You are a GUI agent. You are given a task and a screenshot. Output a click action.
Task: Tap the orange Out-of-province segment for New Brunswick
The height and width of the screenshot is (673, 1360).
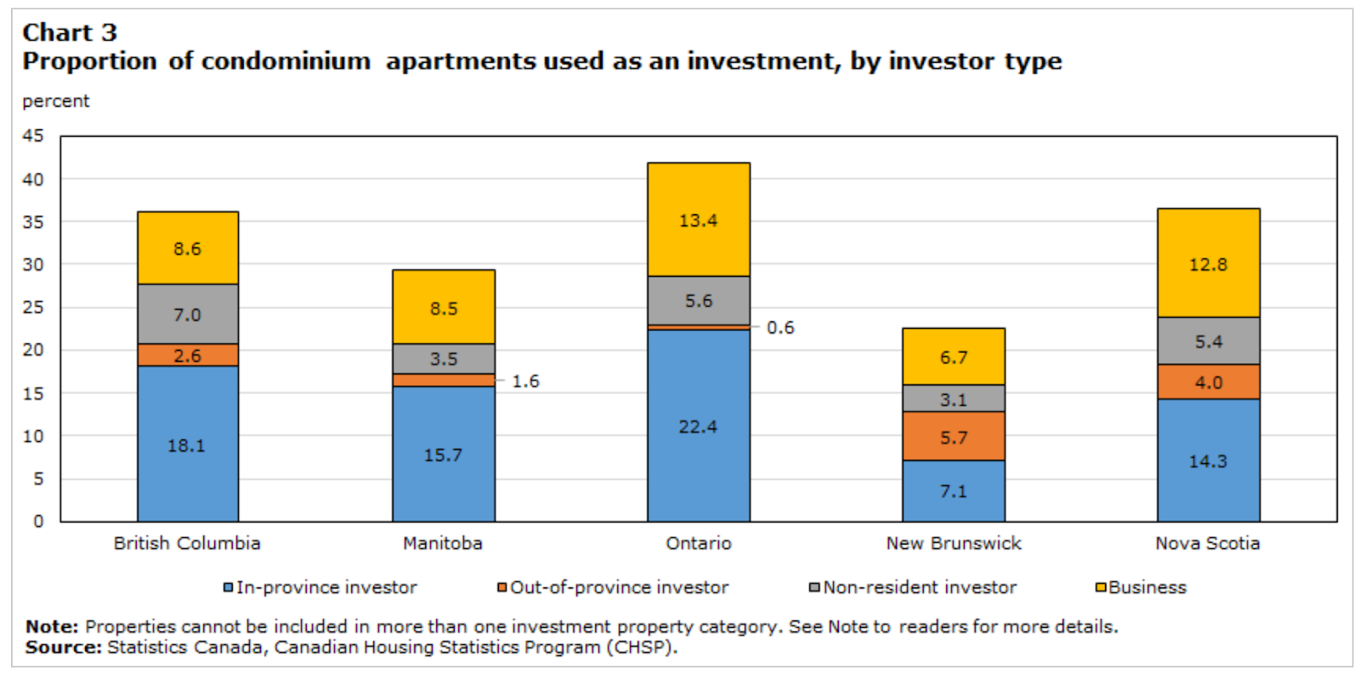point(953,436)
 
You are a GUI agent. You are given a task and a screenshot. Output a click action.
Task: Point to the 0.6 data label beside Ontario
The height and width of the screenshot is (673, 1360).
point(780,328)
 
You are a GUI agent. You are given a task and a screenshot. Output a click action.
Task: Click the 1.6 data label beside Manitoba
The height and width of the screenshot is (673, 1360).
point(525,382)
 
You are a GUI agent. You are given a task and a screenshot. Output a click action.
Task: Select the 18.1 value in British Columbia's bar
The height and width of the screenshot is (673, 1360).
point(186,445)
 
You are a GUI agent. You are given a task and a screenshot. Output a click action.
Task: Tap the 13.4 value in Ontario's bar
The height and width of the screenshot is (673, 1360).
point(698,221)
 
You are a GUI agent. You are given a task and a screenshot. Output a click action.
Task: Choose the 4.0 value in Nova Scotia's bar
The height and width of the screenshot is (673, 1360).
point(1208,382)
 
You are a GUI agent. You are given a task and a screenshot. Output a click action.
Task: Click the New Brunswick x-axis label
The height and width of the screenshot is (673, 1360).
point(953,543)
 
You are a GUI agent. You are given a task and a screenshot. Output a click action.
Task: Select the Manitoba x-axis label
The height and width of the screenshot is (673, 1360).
point(443,543)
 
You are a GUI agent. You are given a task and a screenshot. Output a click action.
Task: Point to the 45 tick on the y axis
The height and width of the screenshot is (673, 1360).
point(33,136)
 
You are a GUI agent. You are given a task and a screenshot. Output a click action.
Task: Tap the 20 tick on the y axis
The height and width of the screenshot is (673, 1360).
point(33,350)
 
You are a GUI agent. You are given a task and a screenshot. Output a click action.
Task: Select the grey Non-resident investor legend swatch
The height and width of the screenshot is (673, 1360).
point(814,587)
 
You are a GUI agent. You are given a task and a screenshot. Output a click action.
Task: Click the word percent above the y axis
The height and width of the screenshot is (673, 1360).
point(56,101)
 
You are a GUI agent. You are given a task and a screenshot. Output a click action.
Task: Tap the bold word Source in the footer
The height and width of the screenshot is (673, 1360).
point(63,648)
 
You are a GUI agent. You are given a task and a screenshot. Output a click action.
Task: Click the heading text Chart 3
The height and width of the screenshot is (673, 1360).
point(70,32)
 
